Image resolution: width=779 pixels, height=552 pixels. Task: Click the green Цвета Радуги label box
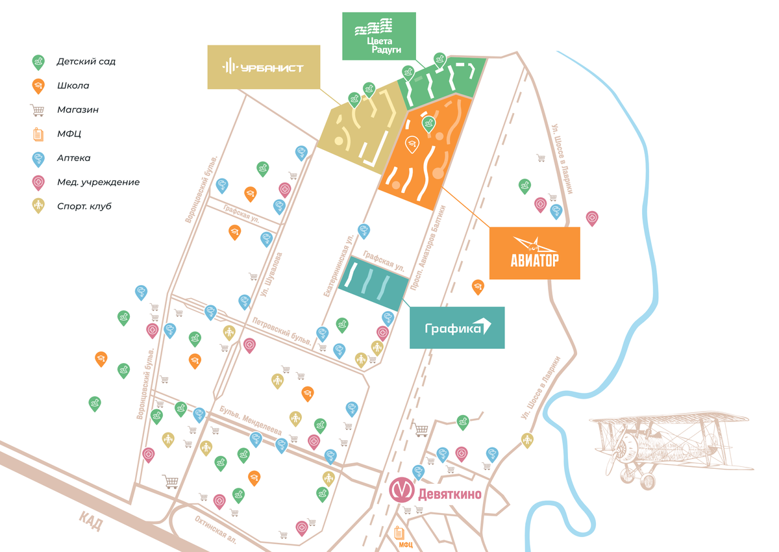click(x=378, y=36)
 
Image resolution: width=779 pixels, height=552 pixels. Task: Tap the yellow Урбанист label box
click(x=264, y=67)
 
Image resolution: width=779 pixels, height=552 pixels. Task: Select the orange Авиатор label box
click(x=534, y=253)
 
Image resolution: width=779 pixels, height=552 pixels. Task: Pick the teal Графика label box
click(x=457, y=328)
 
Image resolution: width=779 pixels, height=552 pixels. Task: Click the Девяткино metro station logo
click(x=401, y=490)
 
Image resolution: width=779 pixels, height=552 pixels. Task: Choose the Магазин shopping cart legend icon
click(x=38, y=110)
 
